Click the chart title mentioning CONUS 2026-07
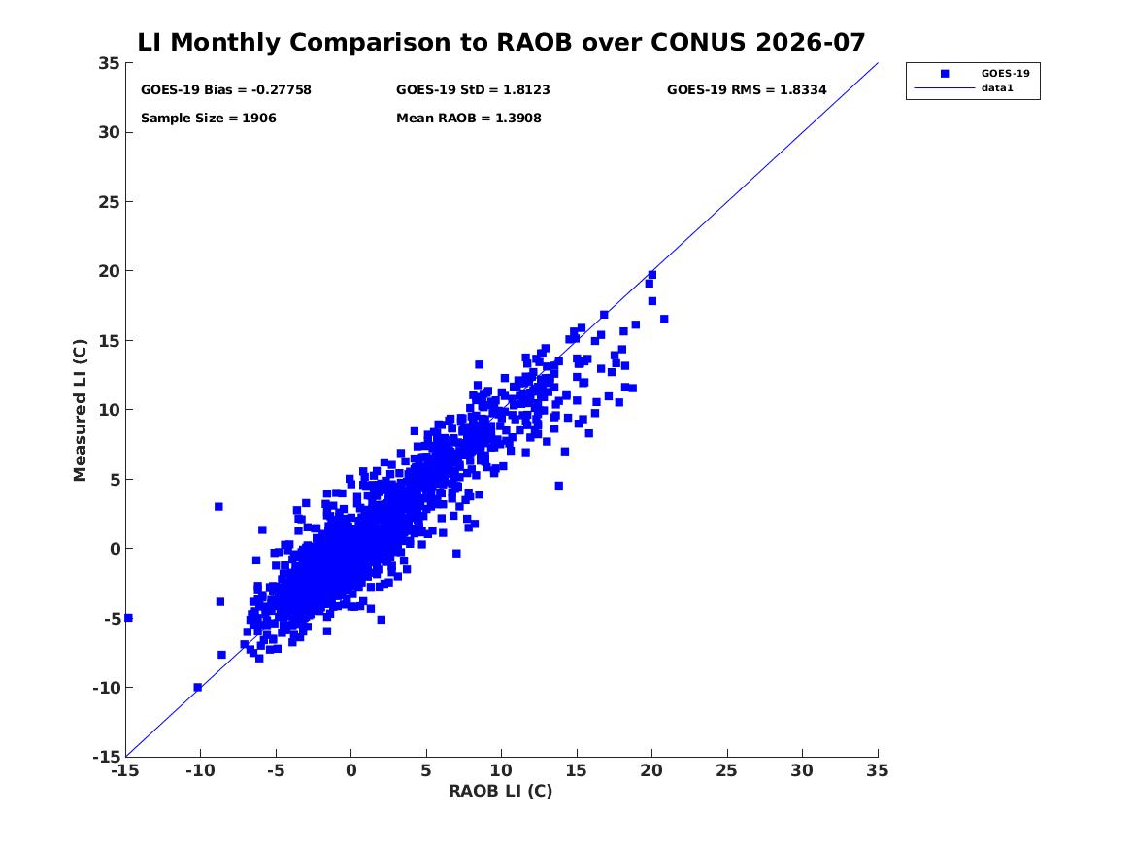pos(501,42)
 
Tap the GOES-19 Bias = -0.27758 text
pos(226,89)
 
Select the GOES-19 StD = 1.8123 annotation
pos(473,89)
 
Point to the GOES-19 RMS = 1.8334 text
pos(747,89)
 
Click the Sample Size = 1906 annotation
pos(208,118)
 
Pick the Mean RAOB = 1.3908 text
pos(468,118)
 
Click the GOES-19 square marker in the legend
pos(945,74)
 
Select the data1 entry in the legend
pos(997,88)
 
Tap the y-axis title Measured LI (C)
pos(80,410)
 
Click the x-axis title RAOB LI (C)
pos(501,791)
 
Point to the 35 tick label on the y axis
pos(109,63)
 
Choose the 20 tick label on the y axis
pos(109,271)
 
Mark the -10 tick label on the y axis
pos(106,688)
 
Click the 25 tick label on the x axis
pos(727,770)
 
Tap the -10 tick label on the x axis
pos(200,770)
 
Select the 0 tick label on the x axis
pos(351,770)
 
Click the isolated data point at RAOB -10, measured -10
pos(198,688)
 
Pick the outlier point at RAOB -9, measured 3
pos(219,507)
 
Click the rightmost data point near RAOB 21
pos(664,319)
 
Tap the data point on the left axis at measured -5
pos(128,618)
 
